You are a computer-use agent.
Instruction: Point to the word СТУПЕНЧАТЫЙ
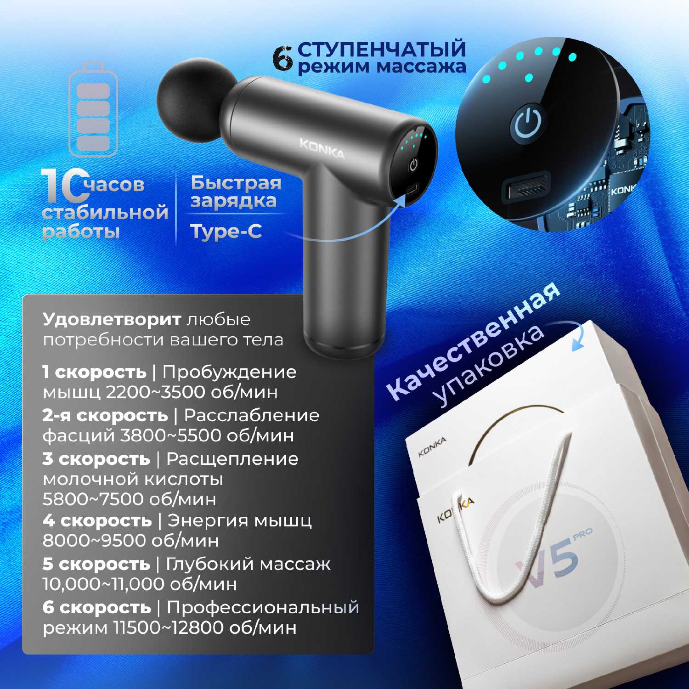pyautogui.click(x=382, y=49)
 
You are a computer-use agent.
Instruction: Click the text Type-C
pyautogui.click(x=226, y=232)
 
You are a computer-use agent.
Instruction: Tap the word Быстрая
pyautogui.click(x=236, y=182)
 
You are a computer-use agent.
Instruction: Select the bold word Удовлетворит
pyautogui.click(x=112, y=319)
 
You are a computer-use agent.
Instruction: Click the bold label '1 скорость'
pyautogui.click(x=95, y=372)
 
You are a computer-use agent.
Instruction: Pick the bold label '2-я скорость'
pyautogui.click(x=105, y=415)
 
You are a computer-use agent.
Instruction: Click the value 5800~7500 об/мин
pyautogui.click(x=129, y=499)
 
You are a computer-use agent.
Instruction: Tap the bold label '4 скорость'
pyautogui.click(x=97, y=520)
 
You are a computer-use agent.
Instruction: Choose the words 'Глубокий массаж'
pyautogui.click(x=248, y=564)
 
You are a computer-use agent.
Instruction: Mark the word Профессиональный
pyautogui.click(x=263, y=607)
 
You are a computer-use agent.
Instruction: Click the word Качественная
pyautogui.click(x=473, y=340)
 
